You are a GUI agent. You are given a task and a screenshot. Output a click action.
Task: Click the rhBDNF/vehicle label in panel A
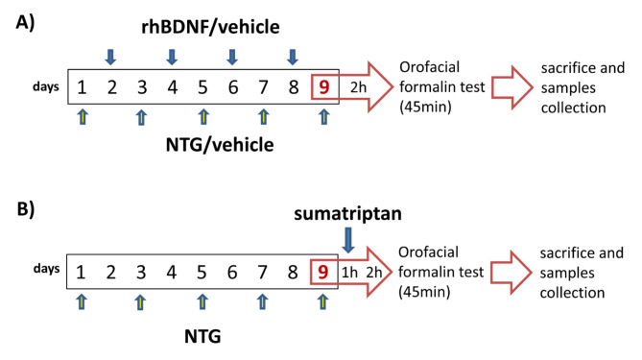[x=210, y=27]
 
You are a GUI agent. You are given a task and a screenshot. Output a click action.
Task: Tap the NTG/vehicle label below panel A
[x=220, y=145]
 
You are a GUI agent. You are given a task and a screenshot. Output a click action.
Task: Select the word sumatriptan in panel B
[x=347, y=214]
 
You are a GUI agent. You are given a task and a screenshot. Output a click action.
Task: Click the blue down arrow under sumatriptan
[x=348, y=240]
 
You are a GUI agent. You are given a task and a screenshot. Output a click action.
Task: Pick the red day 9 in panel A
[x=324, y=86]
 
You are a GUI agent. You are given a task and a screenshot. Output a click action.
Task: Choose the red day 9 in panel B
[x=323, y=272]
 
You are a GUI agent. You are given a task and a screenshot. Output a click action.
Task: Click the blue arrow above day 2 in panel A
[x=110, y=57]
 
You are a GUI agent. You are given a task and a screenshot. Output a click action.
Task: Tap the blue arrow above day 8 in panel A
[x=293, y=57]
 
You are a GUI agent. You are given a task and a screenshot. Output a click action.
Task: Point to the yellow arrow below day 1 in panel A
[x=83, y=117]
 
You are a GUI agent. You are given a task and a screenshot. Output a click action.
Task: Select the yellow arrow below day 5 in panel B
[x=202, y=301]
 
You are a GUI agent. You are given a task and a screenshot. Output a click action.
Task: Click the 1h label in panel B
[x=349, y=273]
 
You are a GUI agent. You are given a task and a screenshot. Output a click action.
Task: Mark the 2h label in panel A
[x=359, y=87]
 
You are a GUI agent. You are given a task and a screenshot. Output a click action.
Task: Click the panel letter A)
[x=25, y=23]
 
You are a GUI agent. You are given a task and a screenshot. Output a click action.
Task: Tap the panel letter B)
[x=25, y=209]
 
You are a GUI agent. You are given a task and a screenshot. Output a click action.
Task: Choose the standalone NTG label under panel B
[x=202, y=337]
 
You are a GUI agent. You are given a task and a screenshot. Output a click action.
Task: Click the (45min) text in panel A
[x=425, y=107]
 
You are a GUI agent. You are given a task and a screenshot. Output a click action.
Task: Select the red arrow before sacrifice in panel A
[x=512, y=87]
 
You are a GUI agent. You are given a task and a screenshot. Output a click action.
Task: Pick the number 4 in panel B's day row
[x=172, y=272]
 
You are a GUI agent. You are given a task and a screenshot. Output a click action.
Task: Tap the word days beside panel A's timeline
[x=46, y=86]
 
